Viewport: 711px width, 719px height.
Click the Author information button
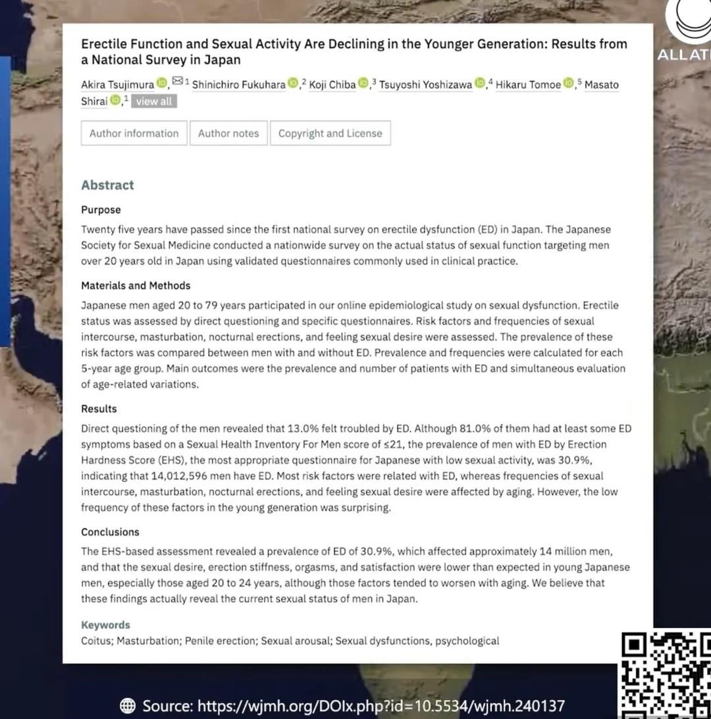tap(134, 133)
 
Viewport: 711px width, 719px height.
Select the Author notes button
tap(228, 133)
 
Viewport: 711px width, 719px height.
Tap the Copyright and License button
tap(330, 133)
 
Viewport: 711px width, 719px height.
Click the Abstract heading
tap(107, 185)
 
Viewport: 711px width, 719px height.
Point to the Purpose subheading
tap(101, 210)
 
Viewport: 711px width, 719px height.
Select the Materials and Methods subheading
tap(136, 286)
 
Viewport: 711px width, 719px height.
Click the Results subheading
tap(99, 409)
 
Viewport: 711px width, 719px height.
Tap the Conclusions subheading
tap(110, 532)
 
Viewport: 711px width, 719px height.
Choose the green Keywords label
tap(105, 625)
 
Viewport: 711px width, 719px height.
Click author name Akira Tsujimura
tap(117, 85)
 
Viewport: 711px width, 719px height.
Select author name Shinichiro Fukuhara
tap(238, 85)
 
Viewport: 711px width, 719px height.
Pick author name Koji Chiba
tap(332, 85)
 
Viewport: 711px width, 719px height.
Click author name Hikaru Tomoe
tap(528, 85)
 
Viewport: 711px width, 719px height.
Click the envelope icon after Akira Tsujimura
tap(177, 82)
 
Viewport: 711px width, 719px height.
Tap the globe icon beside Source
tap(128, 706)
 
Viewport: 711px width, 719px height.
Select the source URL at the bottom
tap(381, 706)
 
